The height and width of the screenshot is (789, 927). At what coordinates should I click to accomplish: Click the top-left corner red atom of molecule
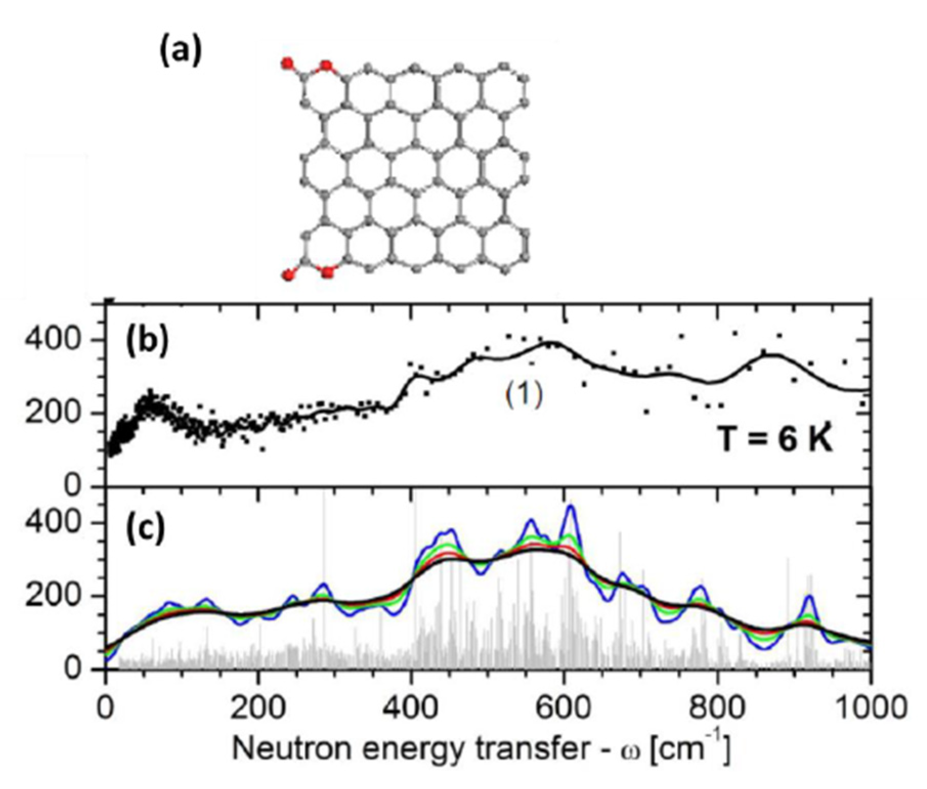tap(288, 63)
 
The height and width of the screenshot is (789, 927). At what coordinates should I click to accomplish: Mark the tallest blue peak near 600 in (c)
tap(570, 507)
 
